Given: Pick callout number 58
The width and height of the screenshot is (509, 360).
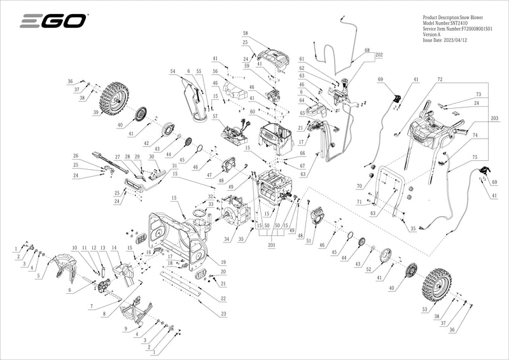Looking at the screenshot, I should coord(245,32).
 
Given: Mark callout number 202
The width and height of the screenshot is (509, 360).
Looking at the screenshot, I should coord(379,55).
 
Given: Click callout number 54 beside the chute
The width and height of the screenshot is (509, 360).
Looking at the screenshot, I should coord(172,71).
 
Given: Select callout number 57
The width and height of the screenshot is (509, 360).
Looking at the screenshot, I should coord(215,118).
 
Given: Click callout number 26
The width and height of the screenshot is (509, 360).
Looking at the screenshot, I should coord(75,156).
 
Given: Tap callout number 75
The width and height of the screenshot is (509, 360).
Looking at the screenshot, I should coord(475,156).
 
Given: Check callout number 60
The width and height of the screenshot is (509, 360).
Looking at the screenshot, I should coord(252,112).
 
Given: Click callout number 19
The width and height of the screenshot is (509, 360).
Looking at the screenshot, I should coord(223,262).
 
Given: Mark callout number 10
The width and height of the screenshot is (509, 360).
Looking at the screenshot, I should coord(74,247).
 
